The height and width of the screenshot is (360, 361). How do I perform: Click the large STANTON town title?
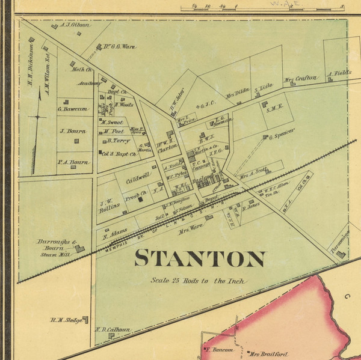click(x=200, y=258)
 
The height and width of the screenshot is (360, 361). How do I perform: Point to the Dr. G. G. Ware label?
click(x=117, y=46)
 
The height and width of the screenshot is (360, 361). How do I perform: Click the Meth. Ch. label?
click(x=82, y=70)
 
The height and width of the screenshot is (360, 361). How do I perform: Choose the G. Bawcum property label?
click(x=73, y=109)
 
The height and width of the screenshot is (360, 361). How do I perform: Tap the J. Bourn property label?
click(x=71, y=130)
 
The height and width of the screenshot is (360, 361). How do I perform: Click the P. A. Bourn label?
click(x=73, y=162)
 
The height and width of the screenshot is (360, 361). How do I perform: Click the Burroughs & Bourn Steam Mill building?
click(x=80, y=248)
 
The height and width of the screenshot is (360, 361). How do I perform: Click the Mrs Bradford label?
click(x=270, y=355)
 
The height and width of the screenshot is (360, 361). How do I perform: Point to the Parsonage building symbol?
click(x=341, y=254)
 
